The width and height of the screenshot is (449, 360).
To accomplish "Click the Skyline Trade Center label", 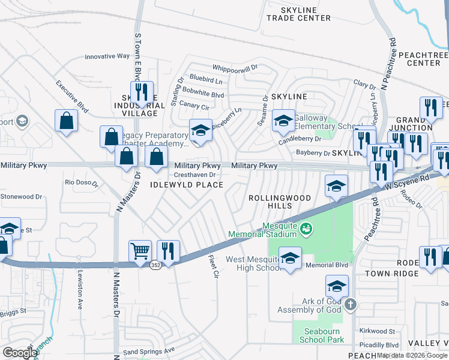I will coord(298,14).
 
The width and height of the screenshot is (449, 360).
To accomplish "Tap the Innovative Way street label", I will coord(107,56).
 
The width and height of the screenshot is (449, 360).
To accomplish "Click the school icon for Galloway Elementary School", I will coord(284,122).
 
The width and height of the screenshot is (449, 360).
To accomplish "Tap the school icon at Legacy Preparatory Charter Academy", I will coord(200,130).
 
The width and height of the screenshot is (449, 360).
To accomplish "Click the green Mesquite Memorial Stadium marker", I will coord(306,228).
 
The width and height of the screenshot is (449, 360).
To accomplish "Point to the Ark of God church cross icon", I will coord(351,305).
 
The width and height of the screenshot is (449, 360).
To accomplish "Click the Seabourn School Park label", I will coord(315,335).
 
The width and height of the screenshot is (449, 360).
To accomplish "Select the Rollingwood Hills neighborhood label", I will coord(280,202).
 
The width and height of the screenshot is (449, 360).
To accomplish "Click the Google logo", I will coord(20,352).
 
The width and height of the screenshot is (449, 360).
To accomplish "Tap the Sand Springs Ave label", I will coord(148,350).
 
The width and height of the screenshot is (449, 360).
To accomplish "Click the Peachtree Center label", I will coord(419,58).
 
